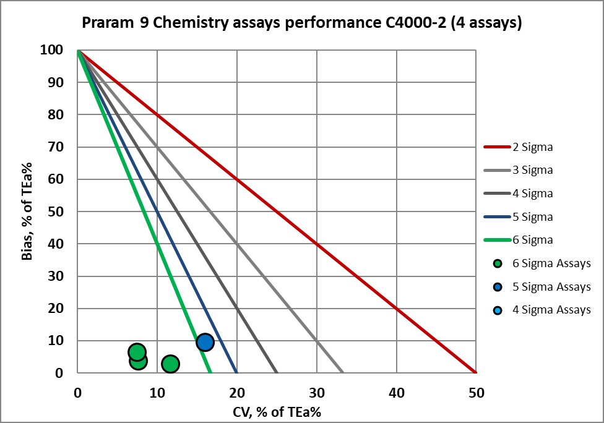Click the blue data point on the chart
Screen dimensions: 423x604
pos(205,342)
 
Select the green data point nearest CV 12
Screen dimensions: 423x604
pos(170,364)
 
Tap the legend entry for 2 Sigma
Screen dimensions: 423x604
pos(532,147)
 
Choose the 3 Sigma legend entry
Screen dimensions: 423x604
pos(532,170)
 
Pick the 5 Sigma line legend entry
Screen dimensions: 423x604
pos(532,217)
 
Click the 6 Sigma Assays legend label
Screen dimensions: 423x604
pos(551,263)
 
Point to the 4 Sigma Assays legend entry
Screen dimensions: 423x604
pos(551,310)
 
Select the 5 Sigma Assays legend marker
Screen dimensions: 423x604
pos(498,287)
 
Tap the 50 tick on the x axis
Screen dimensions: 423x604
pos(476,392)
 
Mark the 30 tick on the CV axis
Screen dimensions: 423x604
pos(316,392)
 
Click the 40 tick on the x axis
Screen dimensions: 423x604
pos(396,392)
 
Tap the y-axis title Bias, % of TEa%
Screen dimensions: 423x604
pos(28,211)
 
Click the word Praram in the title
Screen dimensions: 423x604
pos(103,23)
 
